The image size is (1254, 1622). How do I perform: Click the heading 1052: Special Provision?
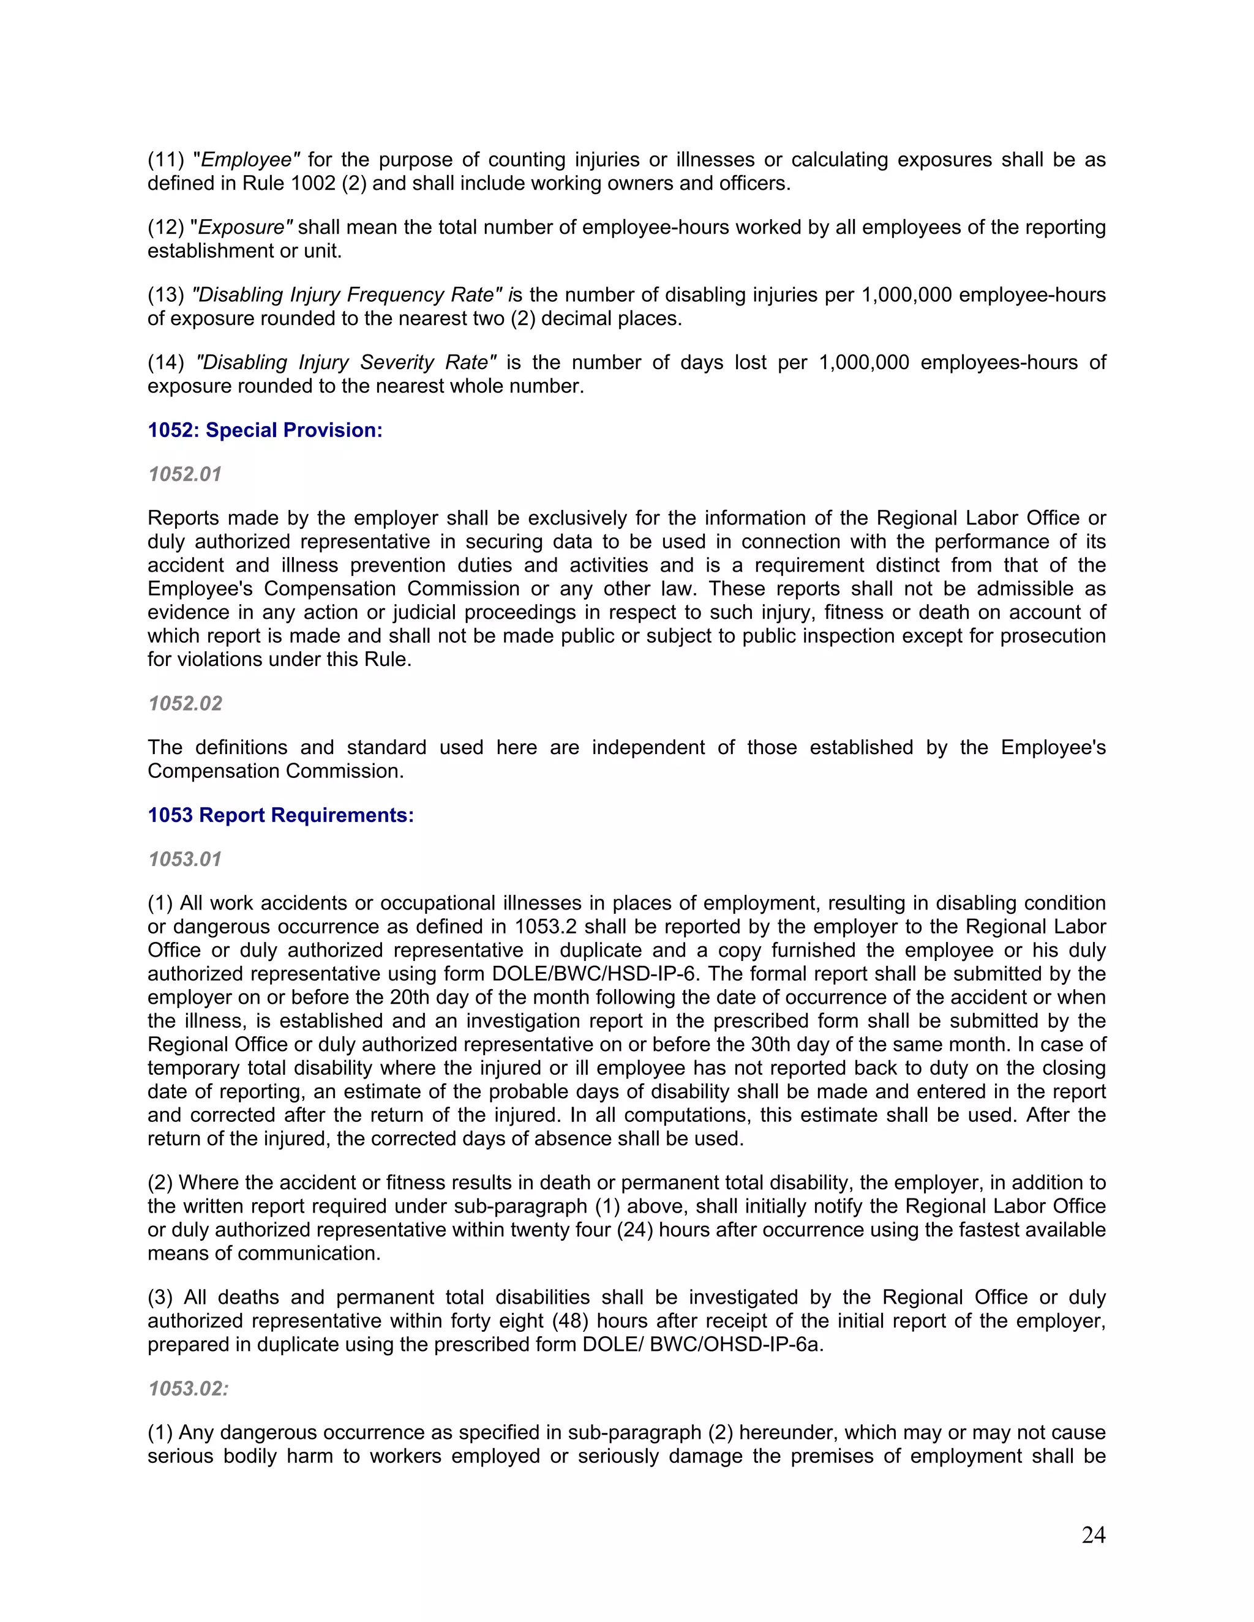265,430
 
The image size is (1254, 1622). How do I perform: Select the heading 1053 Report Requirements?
280,815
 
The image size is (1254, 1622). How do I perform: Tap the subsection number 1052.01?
185,474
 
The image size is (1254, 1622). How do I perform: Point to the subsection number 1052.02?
185,703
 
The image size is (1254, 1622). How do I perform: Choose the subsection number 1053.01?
185,859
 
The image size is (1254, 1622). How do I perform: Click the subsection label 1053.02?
188,1389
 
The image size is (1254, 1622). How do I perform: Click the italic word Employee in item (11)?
247,160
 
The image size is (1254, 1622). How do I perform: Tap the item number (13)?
165,295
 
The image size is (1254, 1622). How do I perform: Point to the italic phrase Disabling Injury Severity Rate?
346,362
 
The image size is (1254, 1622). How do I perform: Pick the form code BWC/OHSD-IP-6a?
735,1345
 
